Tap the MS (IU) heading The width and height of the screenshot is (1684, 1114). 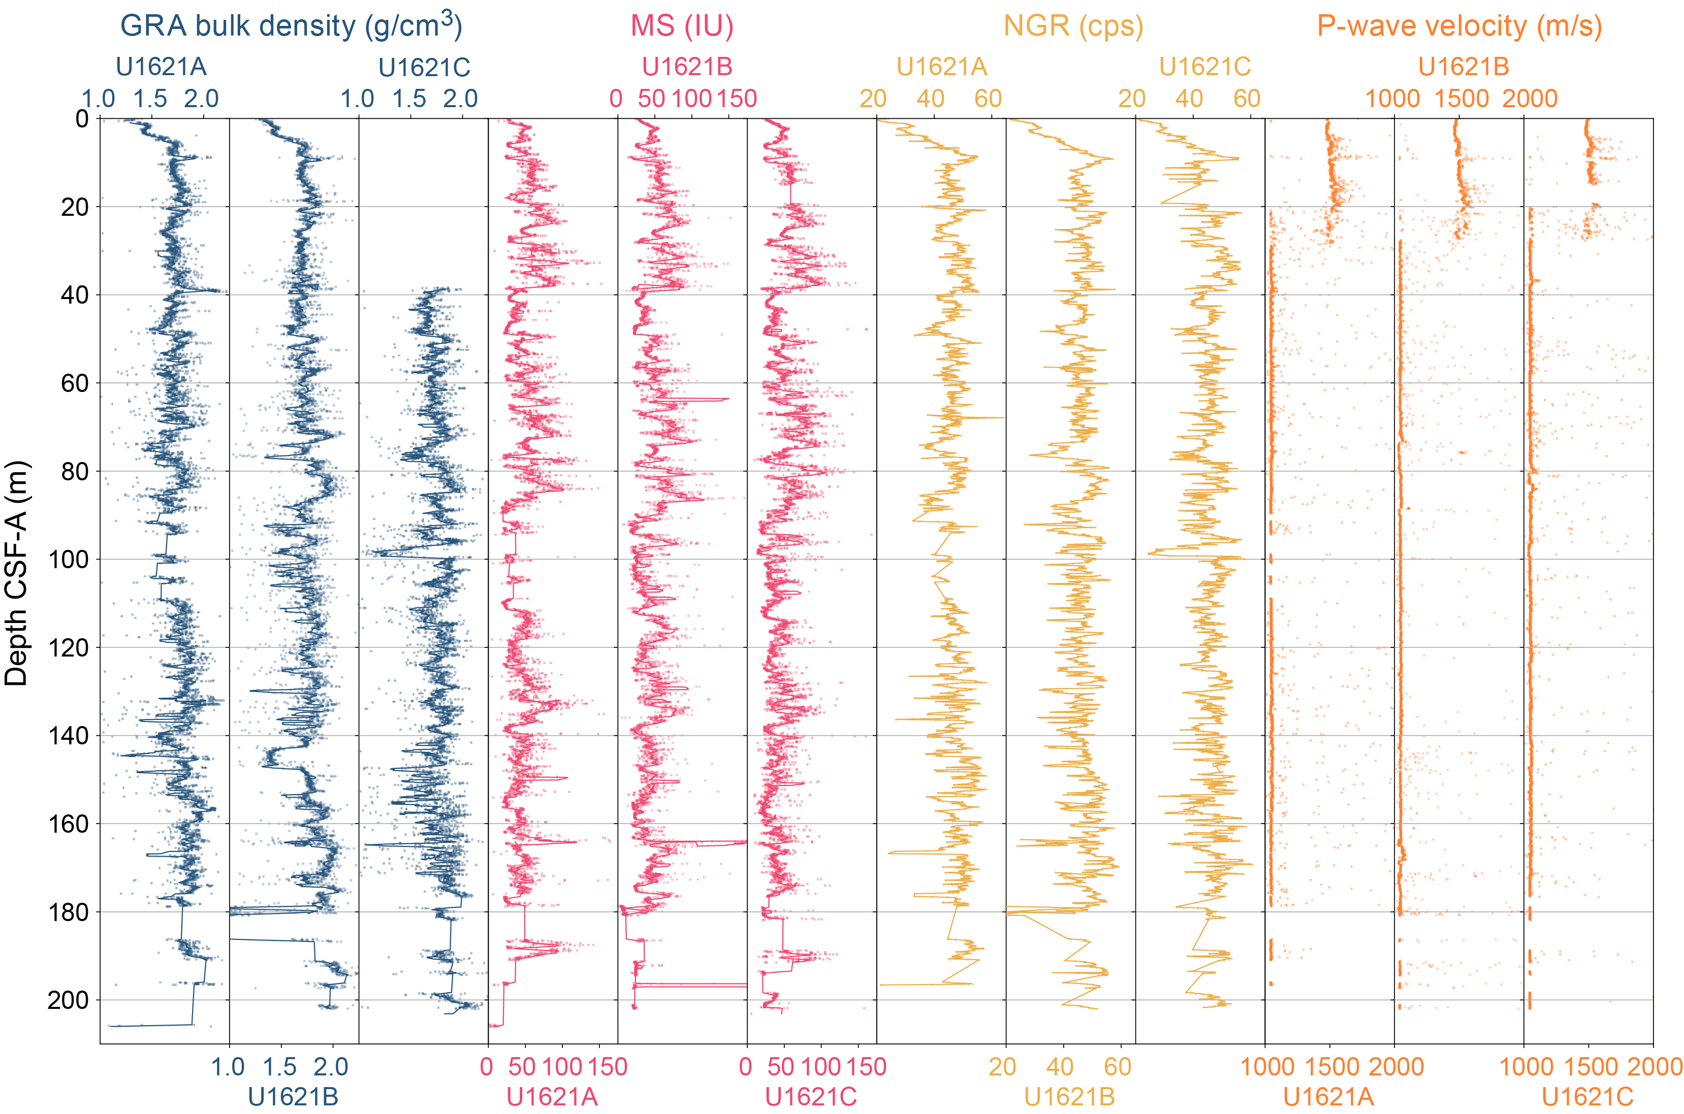click(x=682, y=26)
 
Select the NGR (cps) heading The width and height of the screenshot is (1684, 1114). click(x=1073, y=26)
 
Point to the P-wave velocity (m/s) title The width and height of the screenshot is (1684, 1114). click(x=1459, y=26)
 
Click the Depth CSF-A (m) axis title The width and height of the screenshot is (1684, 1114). click(x=16, y=573)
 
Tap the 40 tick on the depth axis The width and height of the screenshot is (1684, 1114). click(x=75, y=295)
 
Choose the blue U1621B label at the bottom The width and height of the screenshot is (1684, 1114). click(x=293, y=1097)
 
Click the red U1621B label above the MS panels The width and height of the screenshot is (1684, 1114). click(x=687, y=67)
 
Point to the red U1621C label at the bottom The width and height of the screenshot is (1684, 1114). click(x=810, y=1097)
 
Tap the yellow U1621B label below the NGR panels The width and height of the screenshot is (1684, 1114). click(x=1069, y=1097)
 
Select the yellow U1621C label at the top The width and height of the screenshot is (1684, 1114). click(x=1205, y=67)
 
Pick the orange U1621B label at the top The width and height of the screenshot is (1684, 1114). click(x=1464, y=67)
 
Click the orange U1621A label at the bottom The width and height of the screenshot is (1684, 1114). click(x=1328, y=1097)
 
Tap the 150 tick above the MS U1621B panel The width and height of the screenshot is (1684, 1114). click(x=737, y=99)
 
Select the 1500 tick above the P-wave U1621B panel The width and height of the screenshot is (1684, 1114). click(x=1461, y=99)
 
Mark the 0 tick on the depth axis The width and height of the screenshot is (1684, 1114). click(x=82, y=119)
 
